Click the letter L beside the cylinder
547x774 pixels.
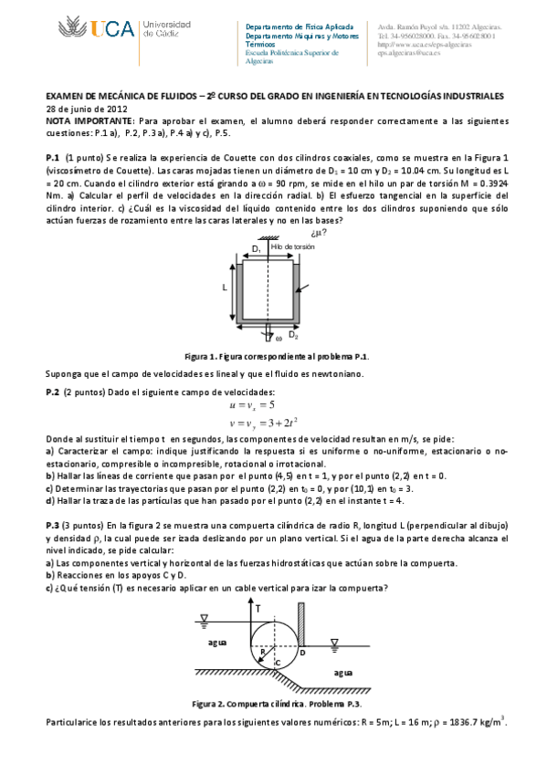(223, 287)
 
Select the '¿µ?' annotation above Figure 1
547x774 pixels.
(320, 232)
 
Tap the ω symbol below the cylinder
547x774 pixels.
(279, 338)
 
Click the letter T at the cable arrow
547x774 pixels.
(258, 607)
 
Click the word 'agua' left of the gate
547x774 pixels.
(216, 642)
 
